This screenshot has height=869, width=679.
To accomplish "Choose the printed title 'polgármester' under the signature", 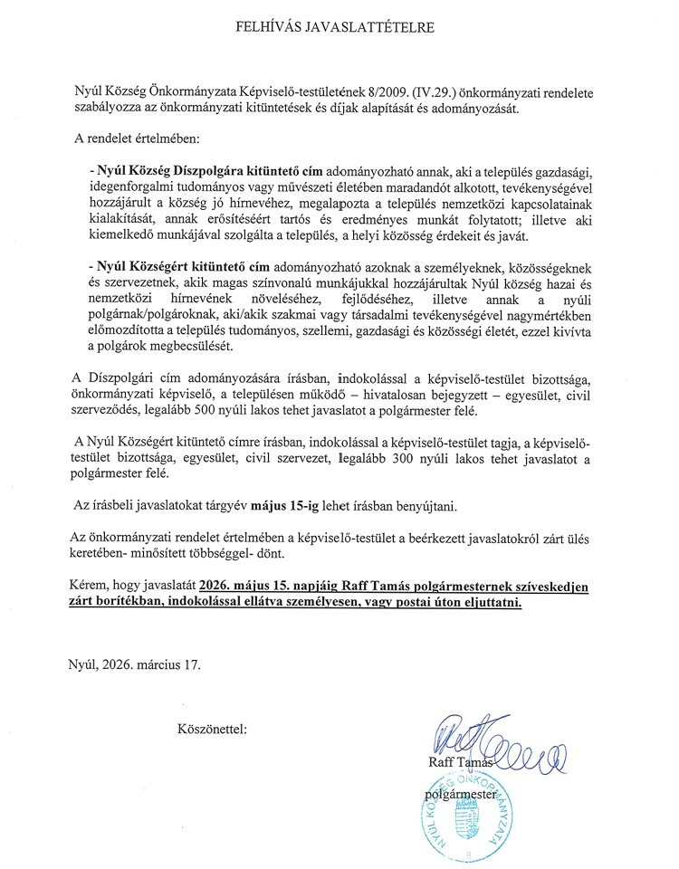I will pyautogui.click(x=465, y=794).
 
